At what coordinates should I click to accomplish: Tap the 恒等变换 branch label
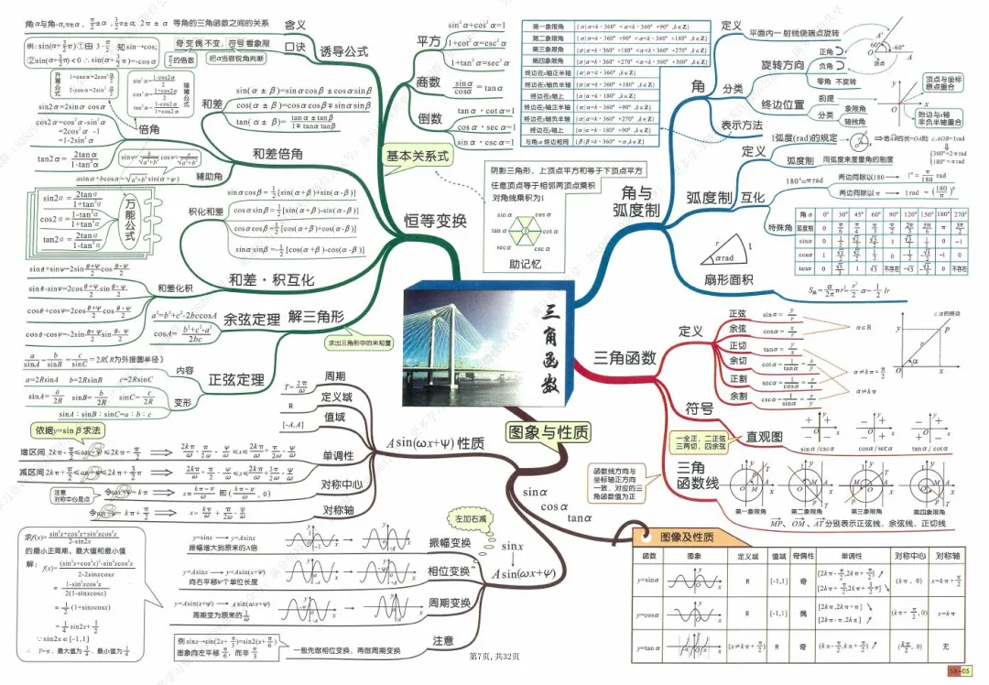coord(436,220)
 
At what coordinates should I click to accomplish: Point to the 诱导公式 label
coord(343,51)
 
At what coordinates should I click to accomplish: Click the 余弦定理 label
coord(251,319)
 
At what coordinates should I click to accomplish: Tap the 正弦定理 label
coord(236,379)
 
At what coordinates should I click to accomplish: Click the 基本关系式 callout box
coord(418,157)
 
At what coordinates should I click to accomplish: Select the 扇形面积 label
coord(728,279)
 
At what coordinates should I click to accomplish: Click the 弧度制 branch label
coord(709,198)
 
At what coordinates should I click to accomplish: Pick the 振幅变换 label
coord(450,542)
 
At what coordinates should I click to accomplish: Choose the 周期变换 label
coord(450,603)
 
